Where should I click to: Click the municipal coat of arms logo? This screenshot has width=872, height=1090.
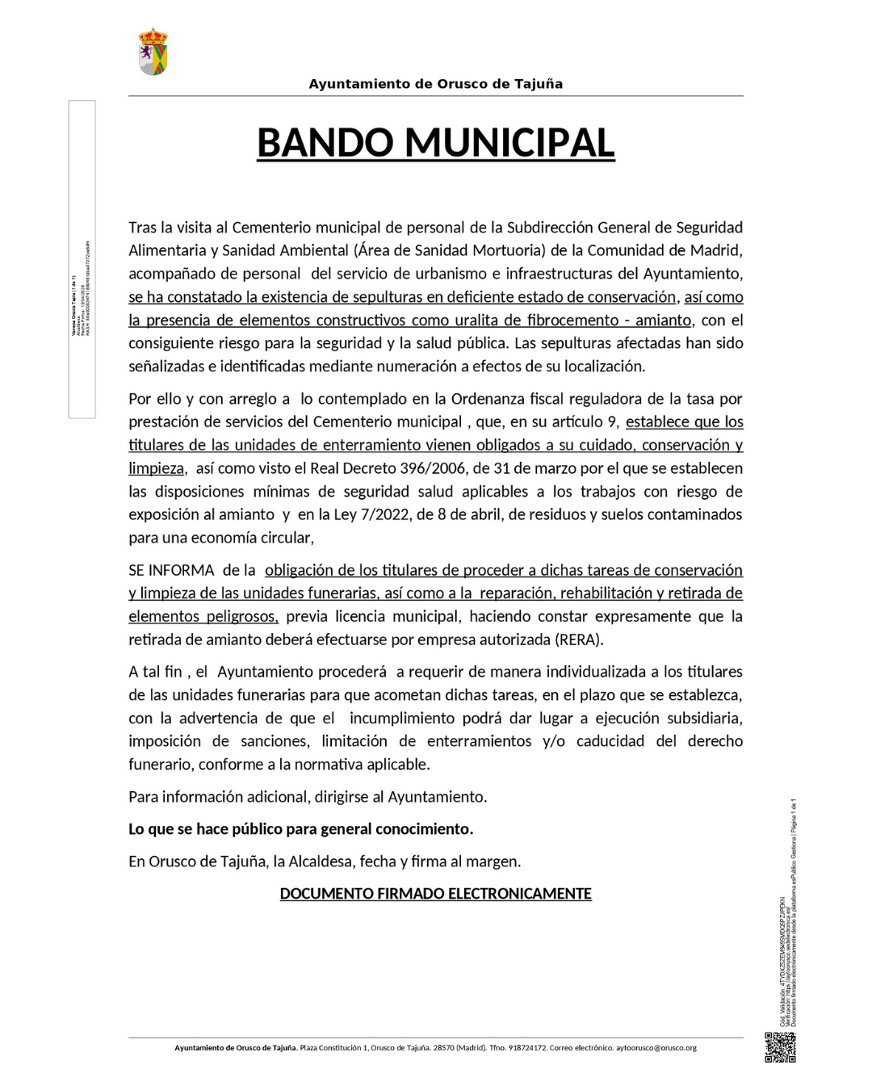[x=153, y=52]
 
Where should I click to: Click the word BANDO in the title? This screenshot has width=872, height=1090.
[x=325, y=143]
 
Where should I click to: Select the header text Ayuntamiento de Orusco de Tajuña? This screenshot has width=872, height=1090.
[x=435, y=84]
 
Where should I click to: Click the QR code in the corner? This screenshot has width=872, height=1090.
[x=780, y=1047]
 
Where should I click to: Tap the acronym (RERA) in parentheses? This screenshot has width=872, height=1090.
[x=578, y=639]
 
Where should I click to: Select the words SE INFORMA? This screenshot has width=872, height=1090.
[x=171, y=570]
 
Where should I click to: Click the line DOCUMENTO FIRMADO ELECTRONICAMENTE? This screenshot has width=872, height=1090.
[x=435, y=894]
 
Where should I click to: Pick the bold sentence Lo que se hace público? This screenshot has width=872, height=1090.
[x=300, y=829]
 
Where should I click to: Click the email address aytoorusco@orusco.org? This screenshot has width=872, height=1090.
[x=656, y=1048]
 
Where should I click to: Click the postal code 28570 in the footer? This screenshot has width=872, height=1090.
[x=443, y=1048]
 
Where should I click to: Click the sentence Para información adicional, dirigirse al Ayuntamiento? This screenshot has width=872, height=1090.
[x=308, y=797]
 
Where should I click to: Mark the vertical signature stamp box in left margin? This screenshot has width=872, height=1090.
[x=82, y=259]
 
